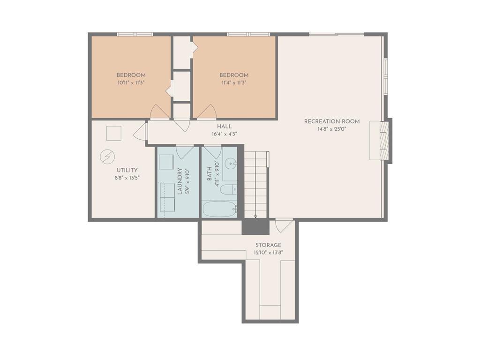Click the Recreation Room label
click(332, 121)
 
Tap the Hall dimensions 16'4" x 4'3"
click(225, 134)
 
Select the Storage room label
click(269, 245)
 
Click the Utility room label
click(127, 170)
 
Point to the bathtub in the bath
click(220, 209)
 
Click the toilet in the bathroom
click(229, 190)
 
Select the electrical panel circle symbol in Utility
click(107, 157)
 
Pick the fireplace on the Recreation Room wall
click(381, 140)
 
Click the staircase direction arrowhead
click(255, 217)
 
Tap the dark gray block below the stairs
click(255, 227)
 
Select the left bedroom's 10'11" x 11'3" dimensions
click(131, 82)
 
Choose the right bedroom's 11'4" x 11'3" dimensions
click(234, 82)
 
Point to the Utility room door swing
click(141, 131)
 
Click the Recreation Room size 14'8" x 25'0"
click(332, 129)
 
